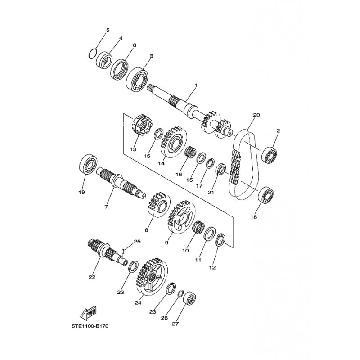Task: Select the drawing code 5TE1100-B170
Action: (x=90, y=326)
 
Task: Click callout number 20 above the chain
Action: (x=256, y=115)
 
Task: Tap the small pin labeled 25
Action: (x=123, y=250)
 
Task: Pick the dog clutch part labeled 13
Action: (x=140, y=126)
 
